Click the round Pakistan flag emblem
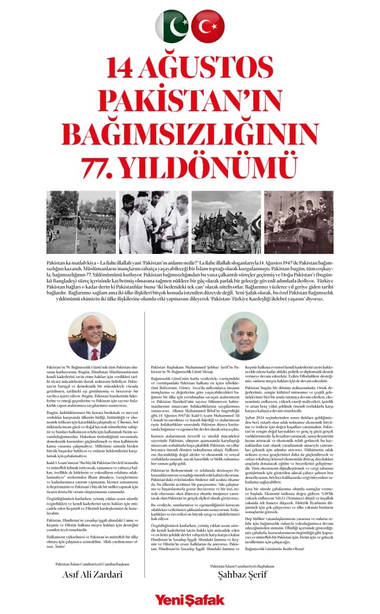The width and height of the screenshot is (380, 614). (172, 26)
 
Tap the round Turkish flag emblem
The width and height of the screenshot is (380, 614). (207, 26)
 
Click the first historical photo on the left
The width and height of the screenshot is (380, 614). (81, 222)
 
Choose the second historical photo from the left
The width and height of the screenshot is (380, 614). (154, 222)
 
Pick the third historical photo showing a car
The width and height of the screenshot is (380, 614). (226, 222)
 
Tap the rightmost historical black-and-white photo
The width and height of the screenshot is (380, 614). (299, 222)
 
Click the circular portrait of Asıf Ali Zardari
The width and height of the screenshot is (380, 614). (92, 335)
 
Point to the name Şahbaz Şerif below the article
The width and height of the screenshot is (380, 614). (242, 576)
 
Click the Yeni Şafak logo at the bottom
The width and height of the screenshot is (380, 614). (189, 600)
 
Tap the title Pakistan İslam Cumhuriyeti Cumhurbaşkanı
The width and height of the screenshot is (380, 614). (92, 564)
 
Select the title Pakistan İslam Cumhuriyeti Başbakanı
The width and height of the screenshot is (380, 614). (242, 566)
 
